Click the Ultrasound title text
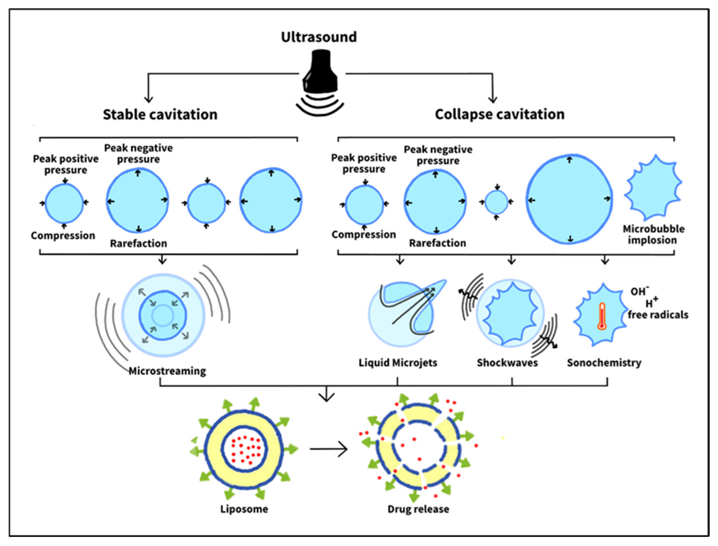click(x=319, y=37)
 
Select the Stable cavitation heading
click(x=160, y=114)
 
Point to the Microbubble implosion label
click(x=653, y=234)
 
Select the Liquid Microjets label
click(x=398, y=362)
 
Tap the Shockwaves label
click(x=507, y=362)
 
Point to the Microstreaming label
click(x=167, y=371)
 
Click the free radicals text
click(x=658, y=315)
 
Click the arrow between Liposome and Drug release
click(x=329, y=449)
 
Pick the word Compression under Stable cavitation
click(x=63, y=235)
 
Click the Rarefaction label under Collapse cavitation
click(x=437, y=243)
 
